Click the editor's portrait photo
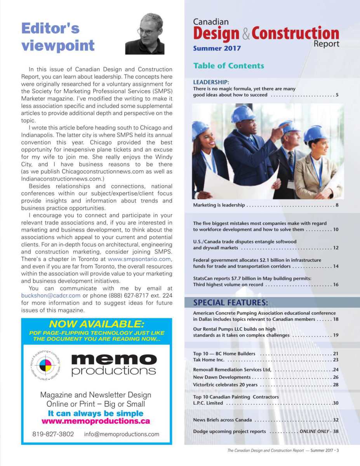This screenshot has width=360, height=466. click(144, 34)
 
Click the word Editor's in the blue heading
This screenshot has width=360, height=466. click(50, 28)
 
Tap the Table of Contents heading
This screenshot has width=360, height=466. click(228, 66)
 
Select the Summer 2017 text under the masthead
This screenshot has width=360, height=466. click(217, 49)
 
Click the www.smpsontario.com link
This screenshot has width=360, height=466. click(139, 259)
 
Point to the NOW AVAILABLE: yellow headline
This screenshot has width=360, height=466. click(97, 324)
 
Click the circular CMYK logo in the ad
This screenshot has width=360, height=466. click(46, 365)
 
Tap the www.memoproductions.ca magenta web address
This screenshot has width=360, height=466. click(96, 421)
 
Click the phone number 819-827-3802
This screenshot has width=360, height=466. click(53, 434)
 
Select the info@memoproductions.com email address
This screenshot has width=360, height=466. click(122, 434)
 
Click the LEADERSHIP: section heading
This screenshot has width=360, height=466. click(211, 82)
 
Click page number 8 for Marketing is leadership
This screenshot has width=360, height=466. click(337, 205)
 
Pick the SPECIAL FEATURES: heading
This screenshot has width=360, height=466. click(230, 303)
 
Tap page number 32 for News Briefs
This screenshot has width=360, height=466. click(336, 420)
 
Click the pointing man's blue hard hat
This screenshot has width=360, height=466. click(243, 114)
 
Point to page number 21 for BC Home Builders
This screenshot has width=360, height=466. click(336, 354)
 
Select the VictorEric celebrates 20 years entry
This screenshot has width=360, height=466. click(225, 385)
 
